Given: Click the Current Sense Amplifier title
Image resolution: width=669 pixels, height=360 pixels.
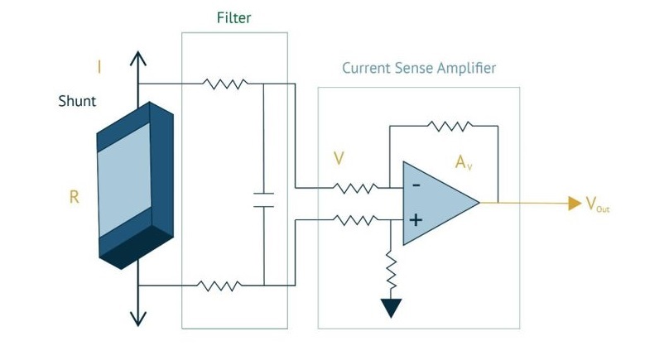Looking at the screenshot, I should point(419,68).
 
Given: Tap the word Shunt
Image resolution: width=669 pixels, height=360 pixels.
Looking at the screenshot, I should point(77,102).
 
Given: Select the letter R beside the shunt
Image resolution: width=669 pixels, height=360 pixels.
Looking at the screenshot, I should point(75,199).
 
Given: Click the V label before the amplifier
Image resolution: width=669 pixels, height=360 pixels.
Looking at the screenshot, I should point(338,157).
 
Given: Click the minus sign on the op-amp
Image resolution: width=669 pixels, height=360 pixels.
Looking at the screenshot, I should point(416,185).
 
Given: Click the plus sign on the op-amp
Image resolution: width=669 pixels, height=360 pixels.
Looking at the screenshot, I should point(416,221).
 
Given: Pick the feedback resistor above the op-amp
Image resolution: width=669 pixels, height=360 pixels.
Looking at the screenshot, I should point(450,126).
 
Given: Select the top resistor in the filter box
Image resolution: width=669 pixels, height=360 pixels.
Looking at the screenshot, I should point(224,84).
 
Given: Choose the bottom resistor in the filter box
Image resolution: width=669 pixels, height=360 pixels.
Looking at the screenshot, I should point(219,286).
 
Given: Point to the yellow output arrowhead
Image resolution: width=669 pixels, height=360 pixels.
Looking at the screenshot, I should point(574,204).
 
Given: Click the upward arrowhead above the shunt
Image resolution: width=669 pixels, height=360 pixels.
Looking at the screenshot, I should point(138,58).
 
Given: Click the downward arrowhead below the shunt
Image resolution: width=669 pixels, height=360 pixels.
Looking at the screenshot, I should point(138,319).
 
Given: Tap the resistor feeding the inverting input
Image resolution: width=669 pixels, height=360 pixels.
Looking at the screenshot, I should point(355,187).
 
